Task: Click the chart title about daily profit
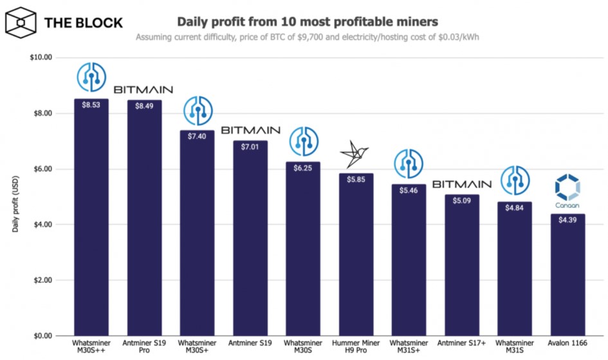[308, 21]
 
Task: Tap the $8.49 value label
[144, 106]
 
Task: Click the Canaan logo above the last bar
[567, 192]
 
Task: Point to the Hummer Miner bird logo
[356, 153]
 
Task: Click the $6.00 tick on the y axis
[42, 169]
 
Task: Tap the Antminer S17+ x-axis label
[461, 345]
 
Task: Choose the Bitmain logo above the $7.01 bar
[250, 130]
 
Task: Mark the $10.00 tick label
[40, 58]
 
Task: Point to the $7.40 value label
[197, 136]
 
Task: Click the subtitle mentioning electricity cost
[308, 37]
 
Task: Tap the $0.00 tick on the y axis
[42, 336]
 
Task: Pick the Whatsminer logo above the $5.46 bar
[409, 165]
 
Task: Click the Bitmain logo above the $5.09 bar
[461, 184]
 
